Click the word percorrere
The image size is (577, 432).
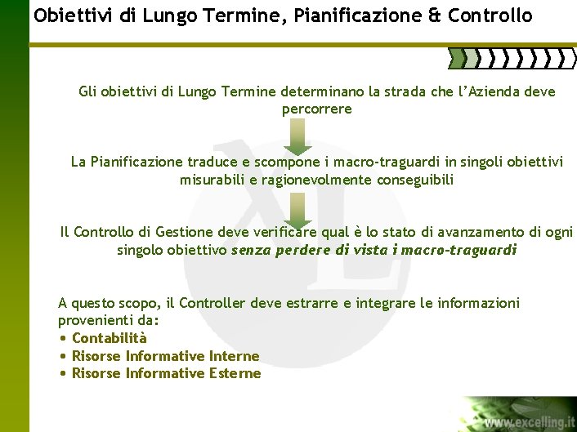(x=316, y=109)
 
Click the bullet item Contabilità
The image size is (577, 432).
(x=110, y=338)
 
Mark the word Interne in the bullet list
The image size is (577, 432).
(x=234, y=356)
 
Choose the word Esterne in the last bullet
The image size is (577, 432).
(x=235, y=373)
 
